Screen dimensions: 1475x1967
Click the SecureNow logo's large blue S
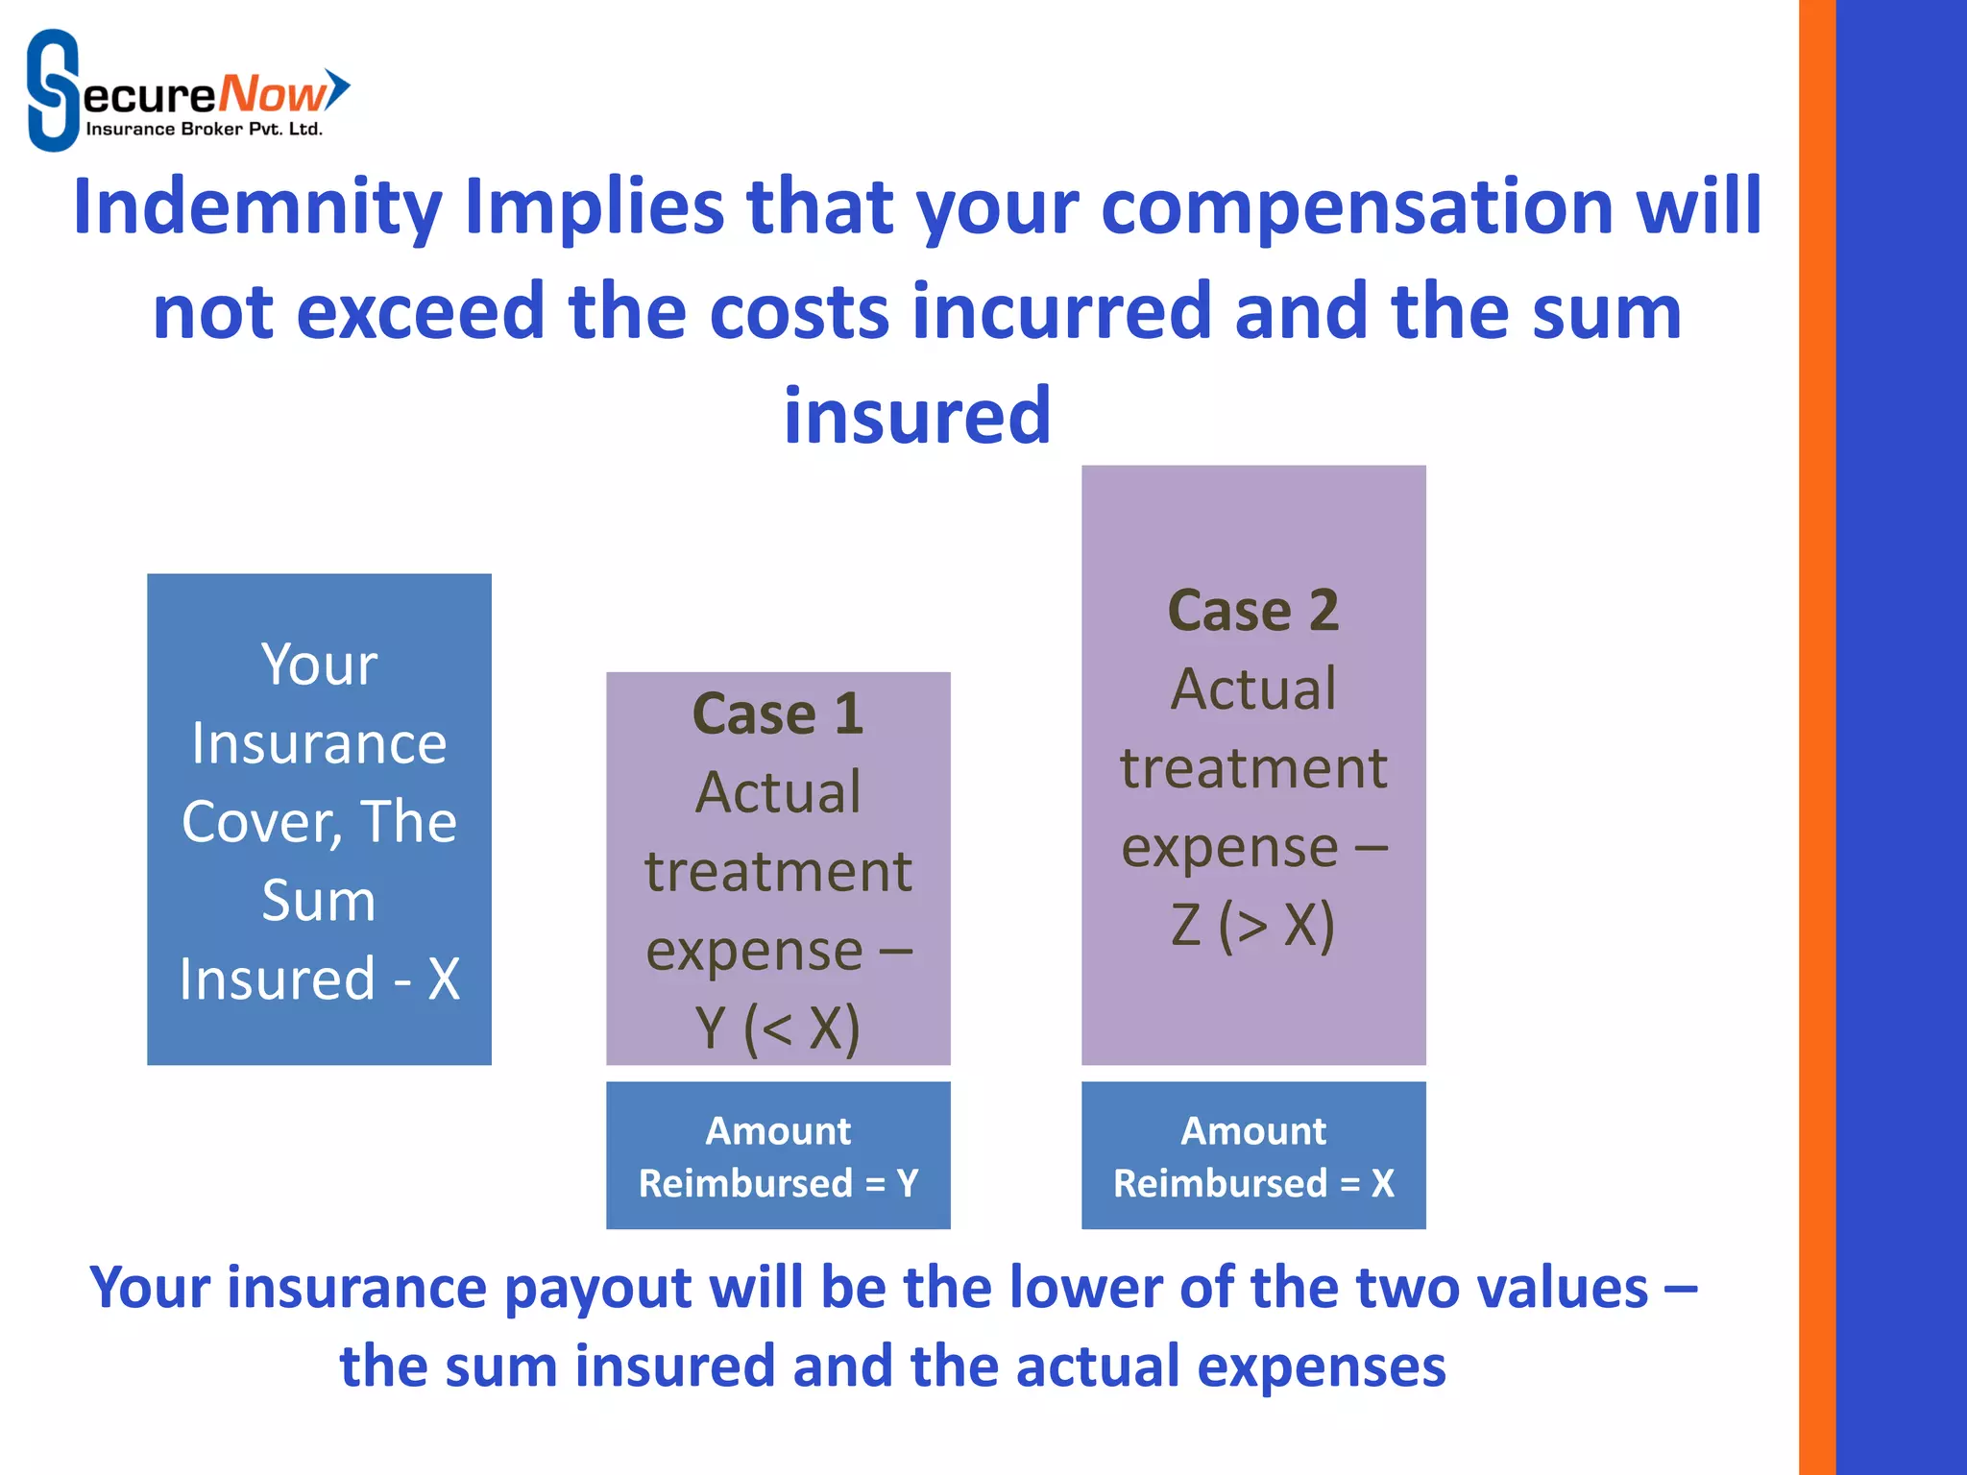click(53, 90)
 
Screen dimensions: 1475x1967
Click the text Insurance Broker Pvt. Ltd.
click(204, 130)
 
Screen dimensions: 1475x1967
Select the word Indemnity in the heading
click(257, 208)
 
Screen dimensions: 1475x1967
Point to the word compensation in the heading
click(1357, 208)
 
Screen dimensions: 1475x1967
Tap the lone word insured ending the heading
click(917, 417)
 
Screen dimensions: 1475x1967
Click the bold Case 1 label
click(778, 714)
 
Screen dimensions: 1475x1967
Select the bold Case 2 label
click(1252, 611)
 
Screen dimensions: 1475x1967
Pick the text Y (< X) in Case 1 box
click(778, 1028)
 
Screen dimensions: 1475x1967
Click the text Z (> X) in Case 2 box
click(1252, 926)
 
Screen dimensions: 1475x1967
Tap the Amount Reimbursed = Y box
click(778, 1155)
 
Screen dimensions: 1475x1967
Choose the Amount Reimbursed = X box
click(1252, 1155)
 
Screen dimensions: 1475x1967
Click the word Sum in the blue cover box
click(319, 901)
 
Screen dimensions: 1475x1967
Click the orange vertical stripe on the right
click(1816, 737)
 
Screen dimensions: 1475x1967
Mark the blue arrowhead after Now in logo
click(338, 89)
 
